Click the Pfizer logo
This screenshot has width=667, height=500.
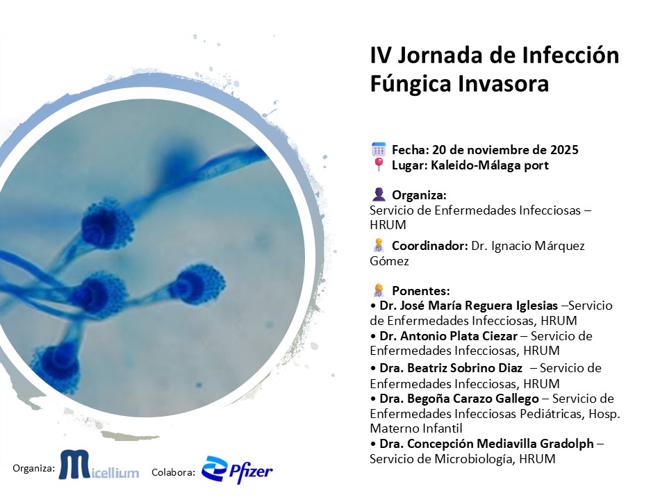[237, 469]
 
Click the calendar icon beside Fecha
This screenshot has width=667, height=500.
[378, 149]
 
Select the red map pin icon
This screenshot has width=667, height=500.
[378, 165]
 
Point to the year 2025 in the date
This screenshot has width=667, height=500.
[564, 150]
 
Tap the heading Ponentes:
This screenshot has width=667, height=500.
[420, 291]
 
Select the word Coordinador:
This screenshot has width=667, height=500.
[429, 246]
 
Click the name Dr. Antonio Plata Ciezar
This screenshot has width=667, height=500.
[448, 336]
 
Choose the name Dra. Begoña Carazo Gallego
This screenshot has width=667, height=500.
[459, 399]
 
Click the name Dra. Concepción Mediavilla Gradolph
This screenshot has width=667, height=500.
[486, 444]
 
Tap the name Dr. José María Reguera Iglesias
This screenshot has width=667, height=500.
[468, 306]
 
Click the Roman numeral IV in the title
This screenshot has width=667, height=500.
[381, 56]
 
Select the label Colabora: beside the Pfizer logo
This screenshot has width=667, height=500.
[173, 472]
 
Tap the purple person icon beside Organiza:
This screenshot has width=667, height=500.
[378, 194]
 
